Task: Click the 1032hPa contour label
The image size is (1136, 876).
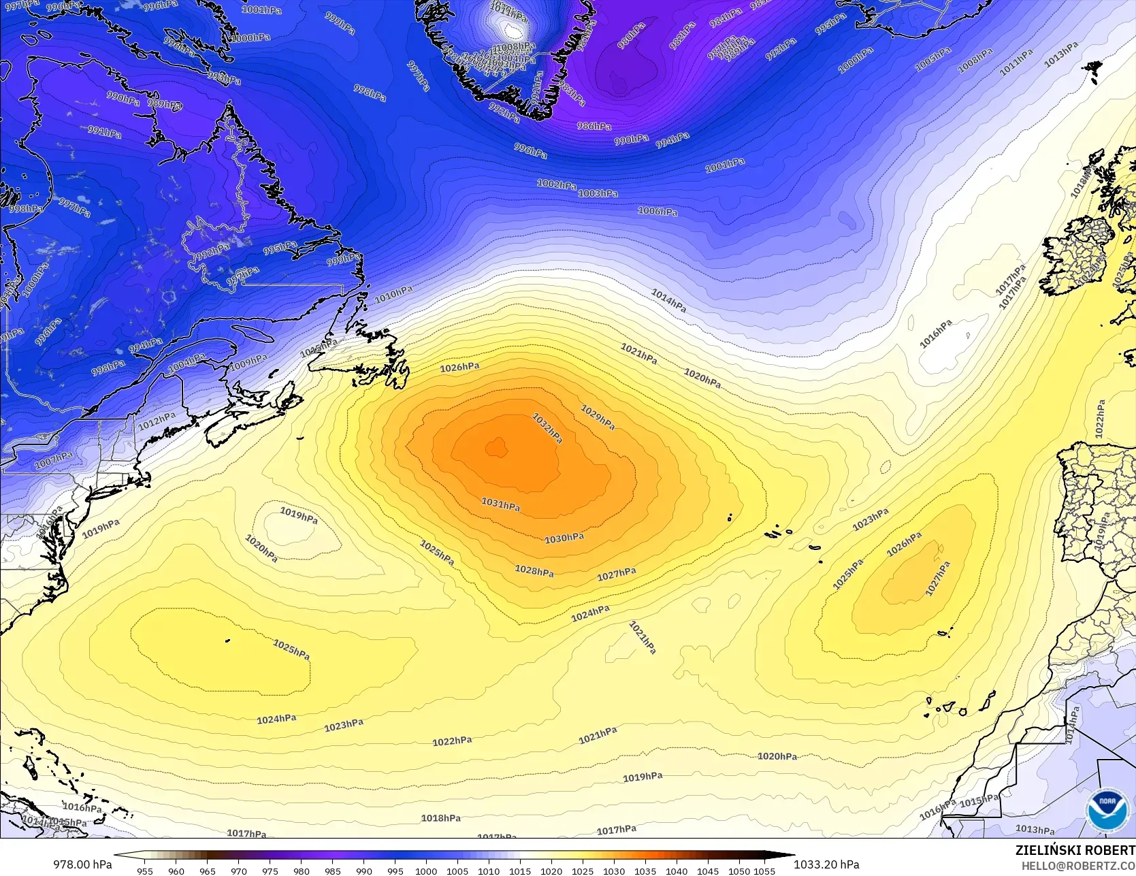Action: (x=547, y=428)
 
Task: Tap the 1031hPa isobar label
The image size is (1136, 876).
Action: (x=501, y=504)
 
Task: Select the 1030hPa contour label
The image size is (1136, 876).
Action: (x=564, y=538)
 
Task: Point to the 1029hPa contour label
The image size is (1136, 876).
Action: (x=598, y=417)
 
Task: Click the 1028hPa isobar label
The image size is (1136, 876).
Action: (x=534, y=570)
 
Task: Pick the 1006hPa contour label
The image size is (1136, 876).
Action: (x=658, y=211)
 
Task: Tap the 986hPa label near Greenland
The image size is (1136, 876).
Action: (x=594, y=126)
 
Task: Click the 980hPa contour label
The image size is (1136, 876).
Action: (x=631, y=36)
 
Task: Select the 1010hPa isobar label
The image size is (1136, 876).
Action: (x=393, y=294)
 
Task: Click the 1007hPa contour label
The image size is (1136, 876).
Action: (x=54, y=460)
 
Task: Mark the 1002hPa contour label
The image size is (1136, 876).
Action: (x=556, y=184)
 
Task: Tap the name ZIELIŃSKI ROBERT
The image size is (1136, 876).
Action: (x=1075, y=850)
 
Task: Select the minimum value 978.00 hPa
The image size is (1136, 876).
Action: (x=82, y=864)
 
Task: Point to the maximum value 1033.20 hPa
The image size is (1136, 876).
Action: (x=826, y=864)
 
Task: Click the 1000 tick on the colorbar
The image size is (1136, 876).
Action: (x=426, y=871)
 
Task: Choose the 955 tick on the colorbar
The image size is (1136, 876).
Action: (x=145, y=871)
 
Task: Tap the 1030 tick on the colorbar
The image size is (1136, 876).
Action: (x=614, y=871)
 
